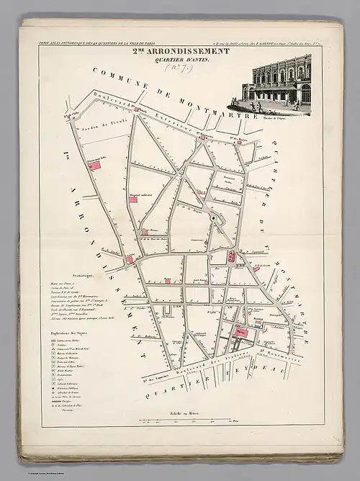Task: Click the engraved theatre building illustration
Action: point(281,85)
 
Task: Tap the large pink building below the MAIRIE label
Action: point(243,332)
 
